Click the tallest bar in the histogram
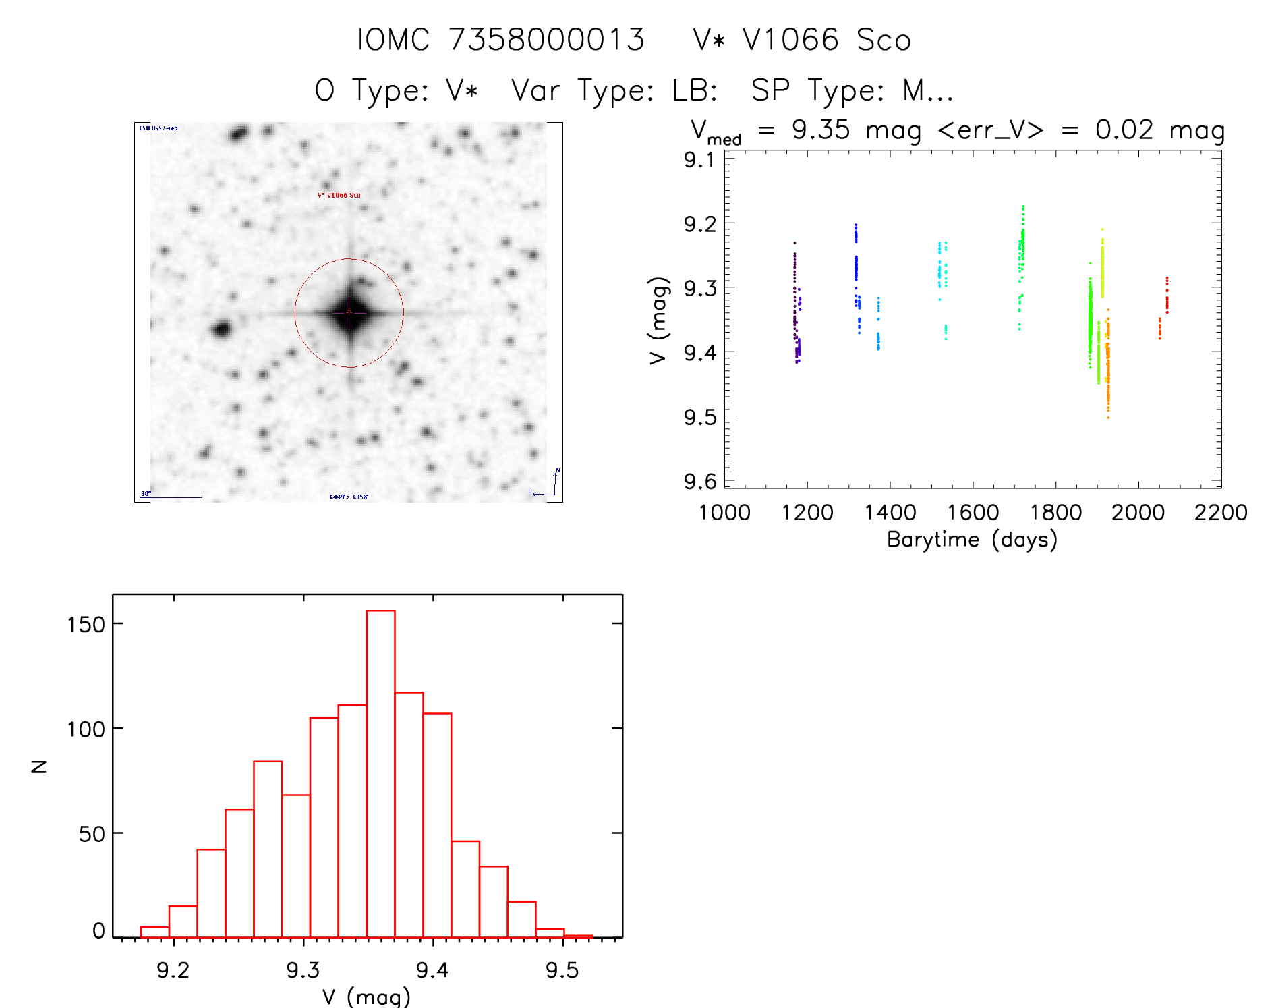[380, 773]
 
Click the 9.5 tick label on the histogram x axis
[562, 970]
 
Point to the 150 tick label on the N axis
[86, 624]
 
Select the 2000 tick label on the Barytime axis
[1138, 513]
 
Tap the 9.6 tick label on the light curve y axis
[699, 482]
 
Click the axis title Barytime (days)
[972, 540]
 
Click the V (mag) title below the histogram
[366, 997]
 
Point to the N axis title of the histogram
[39, 766]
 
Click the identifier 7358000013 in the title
[546, 40]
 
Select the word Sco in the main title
[884, 40]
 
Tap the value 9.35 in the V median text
[821, 130]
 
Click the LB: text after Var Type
[695, 90]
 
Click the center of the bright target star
[349, 312]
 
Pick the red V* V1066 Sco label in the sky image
[339, 196]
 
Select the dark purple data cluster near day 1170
[795, 304]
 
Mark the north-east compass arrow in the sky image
[550, 484]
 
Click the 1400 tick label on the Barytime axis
[890, 513]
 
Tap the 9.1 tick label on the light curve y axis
[699, 160]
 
